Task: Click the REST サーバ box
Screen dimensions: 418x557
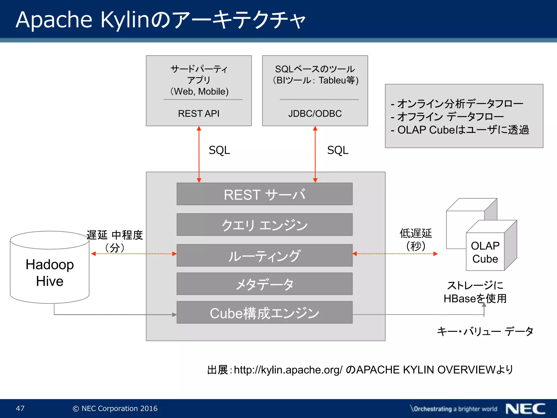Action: [264, 194]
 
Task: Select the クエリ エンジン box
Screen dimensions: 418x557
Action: [264, 225]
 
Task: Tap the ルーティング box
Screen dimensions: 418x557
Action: [264, 256]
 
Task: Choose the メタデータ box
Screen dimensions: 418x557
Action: [264, 284]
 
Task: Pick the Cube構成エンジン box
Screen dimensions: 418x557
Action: [264, 313]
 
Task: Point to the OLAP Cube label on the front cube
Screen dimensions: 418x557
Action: [485, 252]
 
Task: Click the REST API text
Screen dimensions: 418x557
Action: [199, 113]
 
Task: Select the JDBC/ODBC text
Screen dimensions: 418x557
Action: [315, 113]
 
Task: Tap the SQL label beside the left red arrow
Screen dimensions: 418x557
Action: [219, 150]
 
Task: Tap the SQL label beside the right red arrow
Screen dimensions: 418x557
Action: [338, 150]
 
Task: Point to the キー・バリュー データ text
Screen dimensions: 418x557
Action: [485, 331]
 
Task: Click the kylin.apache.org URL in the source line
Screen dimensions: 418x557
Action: [288, 370]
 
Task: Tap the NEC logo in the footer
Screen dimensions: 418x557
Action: [525, 409]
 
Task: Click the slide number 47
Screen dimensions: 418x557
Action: [20, 408]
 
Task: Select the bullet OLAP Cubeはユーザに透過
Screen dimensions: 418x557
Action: [460, 130]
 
